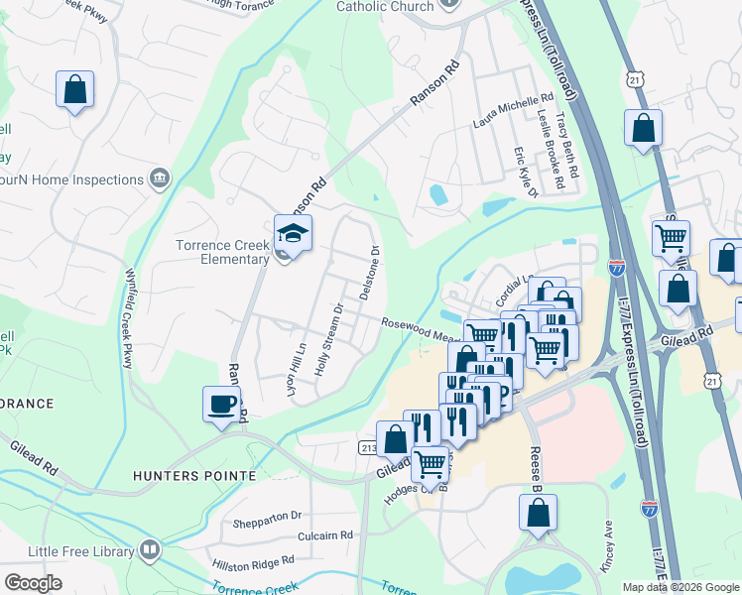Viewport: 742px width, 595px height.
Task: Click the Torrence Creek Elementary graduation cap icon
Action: point(294,234)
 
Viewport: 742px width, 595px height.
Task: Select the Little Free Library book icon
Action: point(150,548)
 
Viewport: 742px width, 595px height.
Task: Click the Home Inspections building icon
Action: point(159,178)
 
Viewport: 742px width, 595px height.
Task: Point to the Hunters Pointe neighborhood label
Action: point(194,476)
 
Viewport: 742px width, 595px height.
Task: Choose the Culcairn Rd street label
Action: point(325,535)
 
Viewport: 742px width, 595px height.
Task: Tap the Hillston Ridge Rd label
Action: point(253,560)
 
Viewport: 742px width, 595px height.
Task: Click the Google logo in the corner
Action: point(33,582)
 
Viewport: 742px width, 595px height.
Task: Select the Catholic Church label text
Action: point(385,6)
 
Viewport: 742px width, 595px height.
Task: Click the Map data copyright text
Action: point(680,587)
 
